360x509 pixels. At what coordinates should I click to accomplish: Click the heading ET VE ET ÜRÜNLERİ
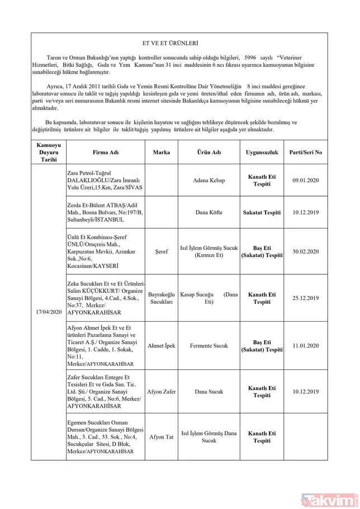[x=170, y=43]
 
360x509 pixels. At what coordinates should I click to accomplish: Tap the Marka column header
[x=162, y=152]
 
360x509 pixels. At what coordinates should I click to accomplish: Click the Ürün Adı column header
[x=209, y=152]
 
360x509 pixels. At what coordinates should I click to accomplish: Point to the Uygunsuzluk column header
[x=262, y=152]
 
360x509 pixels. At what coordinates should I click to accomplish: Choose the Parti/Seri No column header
[x=306, y=152]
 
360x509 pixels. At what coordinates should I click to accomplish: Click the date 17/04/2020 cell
[x=48, y=311]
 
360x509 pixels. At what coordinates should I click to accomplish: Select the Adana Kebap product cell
[x=209, y=180]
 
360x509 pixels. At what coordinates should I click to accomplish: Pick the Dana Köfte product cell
[x=209, y=212]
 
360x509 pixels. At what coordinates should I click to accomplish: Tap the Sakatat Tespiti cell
[x=262, y=212]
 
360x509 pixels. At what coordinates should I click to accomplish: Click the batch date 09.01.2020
[x=306, y=180]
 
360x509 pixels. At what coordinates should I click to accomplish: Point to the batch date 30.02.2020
[x=306, y=251]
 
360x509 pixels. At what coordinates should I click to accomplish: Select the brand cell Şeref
[x=162, y=251]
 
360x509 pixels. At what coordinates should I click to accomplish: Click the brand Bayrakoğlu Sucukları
[x=162, y=298]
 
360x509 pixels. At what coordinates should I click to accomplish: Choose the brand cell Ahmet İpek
[x=162, y=345]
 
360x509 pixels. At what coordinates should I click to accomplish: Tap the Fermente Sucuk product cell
[x=209, y=345]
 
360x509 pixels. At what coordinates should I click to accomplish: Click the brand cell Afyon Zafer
[x=162, y=392]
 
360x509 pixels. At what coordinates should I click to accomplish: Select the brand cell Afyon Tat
[x=162, y=437]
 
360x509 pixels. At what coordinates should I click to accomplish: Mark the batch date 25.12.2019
[x=306, y=298]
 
